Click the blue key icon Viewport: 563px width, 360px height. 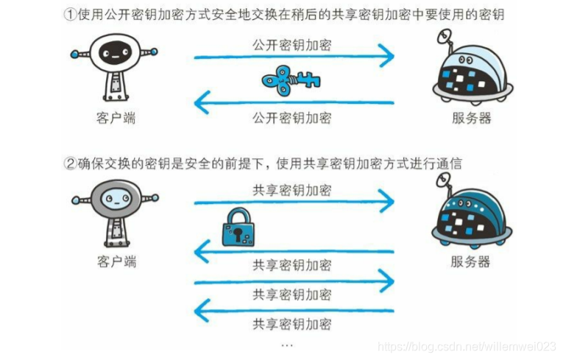292,79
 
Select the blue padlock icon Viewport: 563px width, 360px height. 239,227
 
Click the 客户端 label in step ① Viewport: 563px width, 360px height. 116,118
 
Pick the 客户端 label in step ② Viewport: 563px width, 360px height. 116,262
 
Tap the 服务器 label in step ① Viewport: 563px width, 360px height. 470,118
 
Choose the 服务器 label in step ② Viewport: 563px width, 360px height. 470,262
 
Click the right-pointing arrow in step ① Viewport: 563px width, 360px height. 294,55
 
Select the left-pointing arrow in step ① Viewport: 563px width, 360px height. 294,103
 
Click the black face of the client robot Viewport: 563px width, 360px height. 115,54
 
